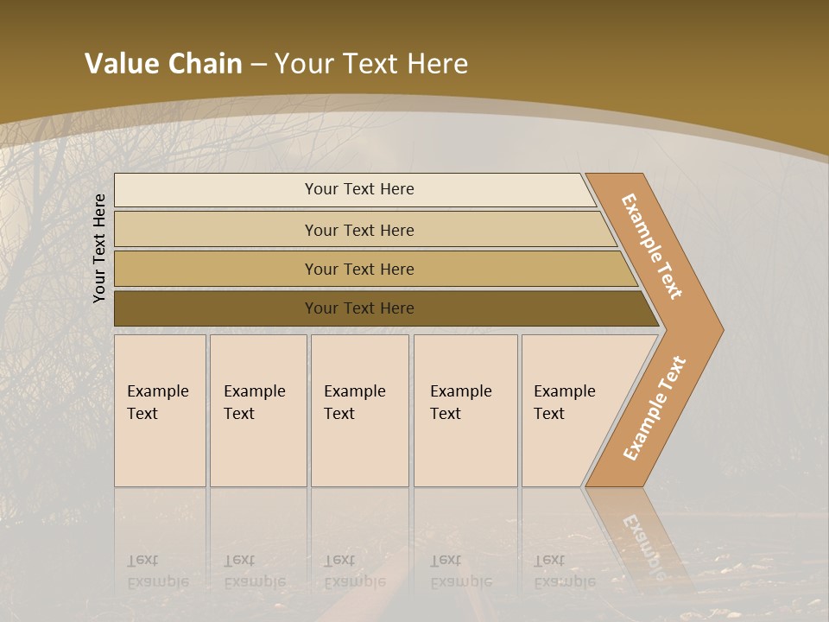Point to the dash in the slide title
tap(258, 65)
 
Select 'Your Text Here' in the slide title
tap(371, 64)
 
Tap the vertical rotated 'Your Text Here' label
tap(99, 248)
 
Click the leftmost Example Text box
tap(160, 410)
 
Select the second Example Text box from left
tap(257, 410)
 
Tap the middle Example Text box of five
tap(359, 410)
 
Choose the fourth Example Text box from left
tap(465, 410)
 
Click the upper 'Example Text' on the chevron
tap(652, 246)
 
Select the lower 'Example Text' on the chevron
tap(655, 408)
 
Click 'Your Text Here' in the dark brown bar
tap(359, 308)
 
